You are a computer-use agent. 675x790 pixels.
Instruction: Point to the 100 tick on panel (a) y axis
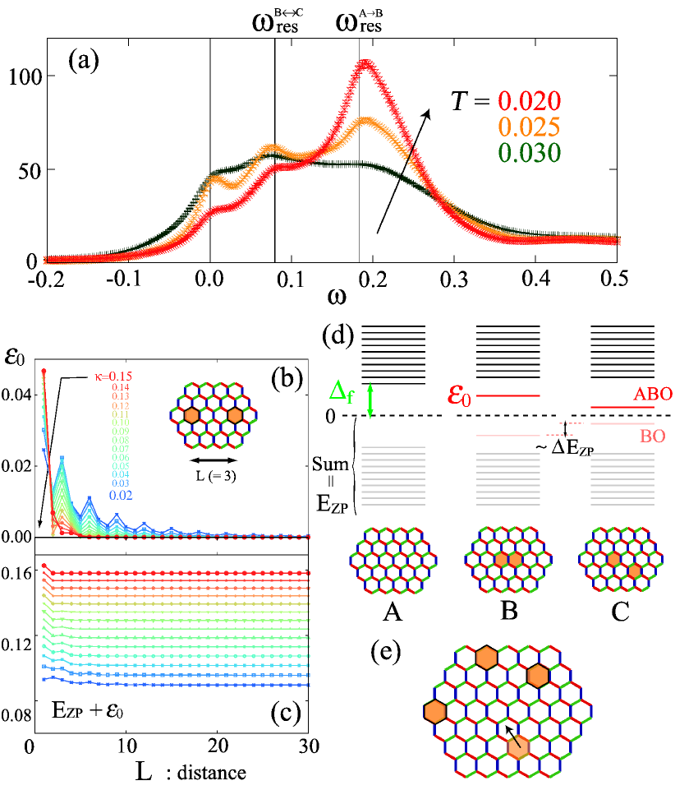tap(17, 76)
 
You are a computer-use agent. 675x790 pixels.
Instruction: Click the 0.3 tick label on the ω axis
tap(454, 278)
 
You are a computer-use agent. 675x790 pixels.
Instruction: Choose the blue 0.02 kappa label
tap(122, 495)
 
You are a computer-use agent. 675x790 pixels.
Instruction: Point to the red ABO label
tap(653, 395)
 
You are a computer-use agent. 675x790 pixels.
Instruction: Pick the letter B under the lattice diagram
tap(502, 611)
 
